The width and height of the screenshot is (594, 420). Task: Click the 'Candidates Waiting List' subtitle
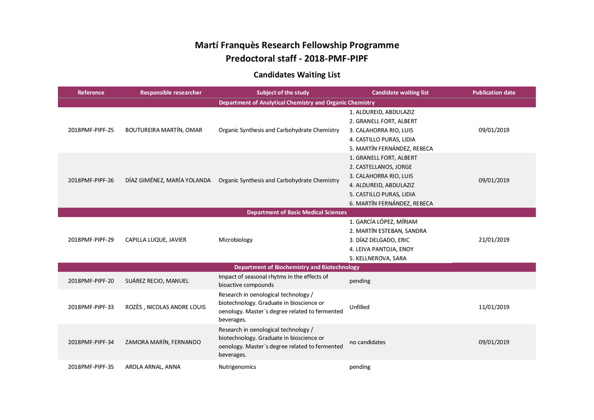tap(297, 75)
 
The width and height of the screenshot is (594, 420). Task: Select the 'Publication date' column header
tap(494, 92)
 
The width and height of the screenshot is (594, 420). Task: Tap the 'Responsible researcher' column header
tap(171, 92)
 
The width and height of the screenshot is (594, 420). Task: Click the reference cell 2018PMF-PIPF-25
tap(91, 130)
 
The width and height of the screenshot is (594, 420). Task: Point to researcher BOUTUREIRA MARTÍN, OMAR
tap(164, 130)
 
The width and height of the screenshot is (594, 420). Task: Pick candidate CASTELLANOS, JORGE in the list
tap(380, 167)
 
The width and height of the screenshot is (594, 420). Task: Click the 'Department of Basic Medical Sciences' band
tap(297, 213)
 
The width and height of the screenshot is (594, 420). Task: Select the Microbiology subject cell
tap(236, 240)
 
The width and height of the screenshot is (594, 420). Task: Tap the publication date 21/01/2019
tap(494, 240)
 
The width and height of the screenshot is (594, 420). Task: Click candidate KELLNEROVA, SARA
tap(377, 258)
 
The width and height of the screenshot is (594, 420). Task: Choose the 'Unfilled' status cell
tap(360, 307)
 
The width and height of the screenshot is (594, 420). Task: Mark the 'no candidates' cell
tap(367, 342)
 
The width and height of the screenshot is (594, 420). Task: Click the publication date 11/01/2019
tap(494, 307)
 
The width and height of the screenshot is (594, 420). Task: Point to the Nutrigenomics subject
tap(237, 367)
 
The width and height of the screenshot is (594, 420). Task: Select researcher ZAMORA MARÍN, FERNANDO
tap(163, 342)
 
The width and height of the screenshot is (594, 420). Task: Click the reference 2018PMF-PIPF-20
tap(91, 281)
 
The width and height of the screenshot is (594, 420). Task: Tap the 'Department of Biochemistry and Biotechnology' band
tap(297, 267)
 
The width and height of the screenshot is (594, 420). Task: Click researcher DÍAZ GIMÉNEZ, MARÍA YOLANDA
tap(168, 181)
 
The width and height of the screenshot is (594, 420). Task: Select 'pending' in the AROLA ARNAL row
tap(360, 367)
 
